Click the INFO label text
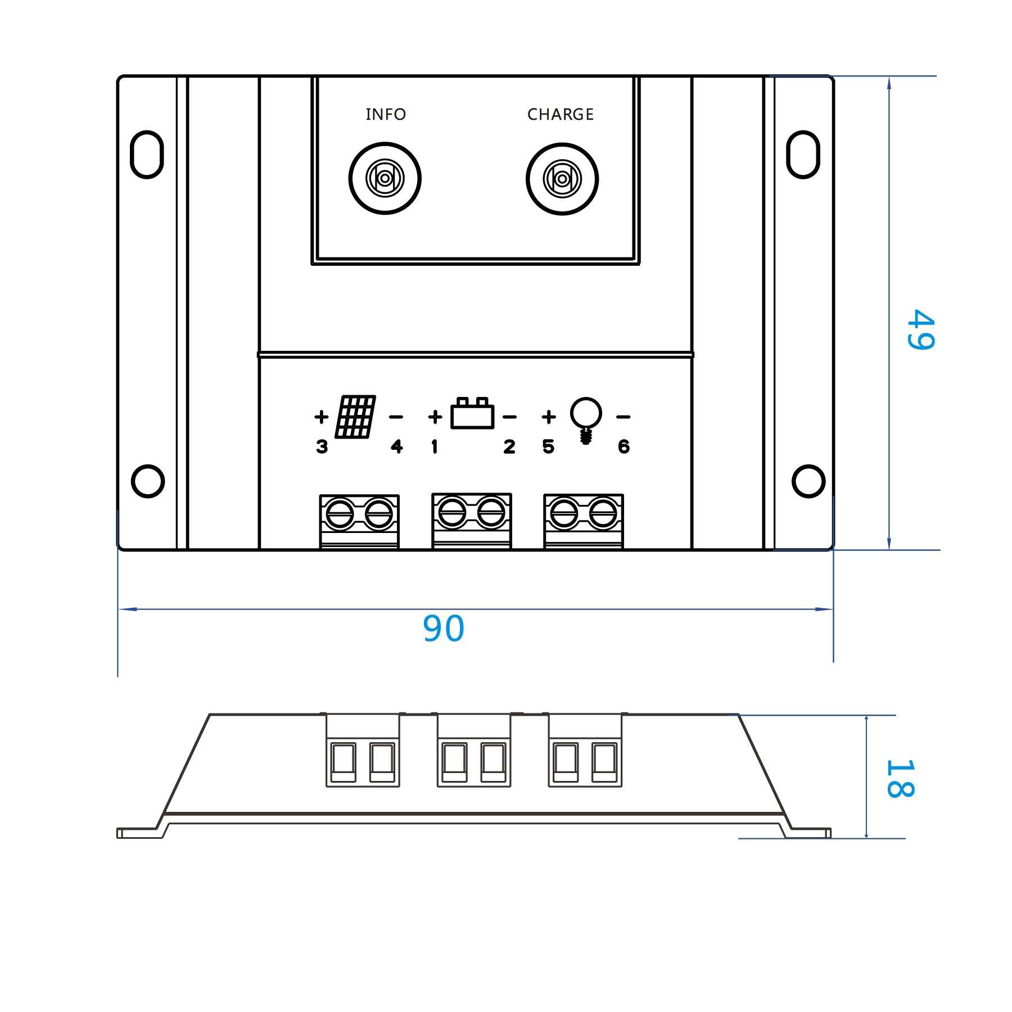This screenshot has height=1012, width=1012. coord(386,115)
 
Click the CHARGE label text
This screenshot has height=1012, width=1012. coord(560,115)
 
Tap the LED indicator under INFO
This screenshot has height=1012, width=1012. coord(385,179)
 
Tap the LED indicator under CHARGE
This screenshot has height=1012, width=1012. coord(562,179)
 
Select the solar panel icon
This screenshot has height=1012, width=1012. coord(355,417)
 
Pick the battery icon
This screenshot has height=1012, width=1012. coord(472,414)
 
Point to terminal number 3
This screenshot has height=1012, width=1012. coord(322,447)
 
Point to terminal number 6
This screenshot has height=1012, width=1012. coord(624,447)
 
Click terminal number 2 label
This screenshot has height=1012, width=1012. coord(509,447)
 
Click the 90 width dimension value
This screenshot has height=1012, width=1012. coord(444,629)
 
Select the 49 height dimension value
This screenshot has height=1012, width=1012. coord(920,330)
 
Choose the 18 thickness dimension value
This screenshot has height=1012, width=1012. coord(899,778)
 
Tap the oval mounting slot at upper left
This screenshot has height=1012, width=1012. coord(147,155)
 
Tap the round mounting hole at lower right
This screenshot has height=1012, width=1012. coord(808,481)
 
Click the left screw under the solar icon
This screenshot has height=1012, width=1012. coord(340,513)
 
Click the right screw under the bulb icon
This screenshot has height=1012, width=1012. coord(603,513)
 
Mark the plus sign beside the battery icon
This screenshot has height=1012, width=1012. coord(435,417)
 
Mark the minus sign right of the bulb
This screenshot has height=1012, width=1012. coord(623,417)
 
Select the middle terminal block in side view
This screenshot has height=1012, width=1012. coord(474,750)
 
